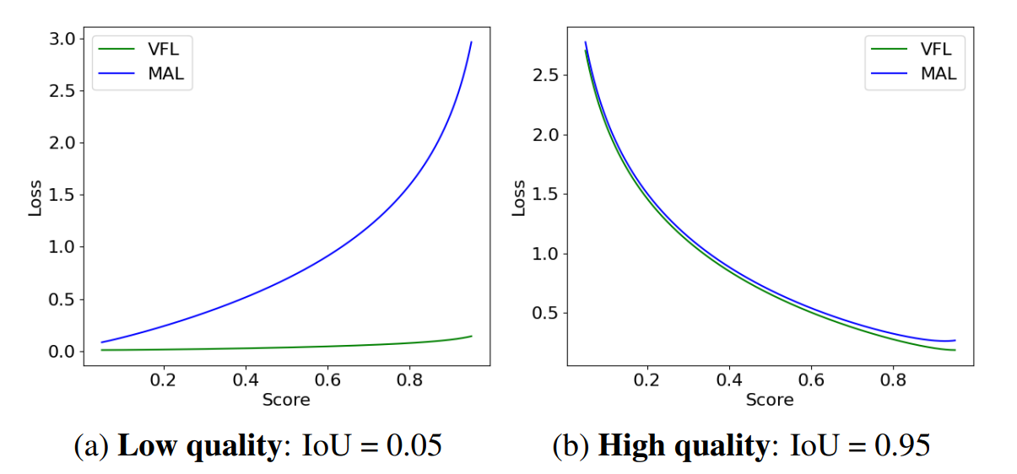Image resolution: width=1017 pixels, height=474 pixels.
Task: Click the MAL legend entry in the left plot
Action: [x=165, y=74]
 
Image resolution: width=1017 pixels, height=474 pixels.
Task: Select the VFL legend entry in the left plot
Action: [x=163, y=49]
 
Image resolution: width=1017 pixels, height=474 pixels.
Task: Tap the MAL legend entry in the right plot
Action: [x=939, y=74]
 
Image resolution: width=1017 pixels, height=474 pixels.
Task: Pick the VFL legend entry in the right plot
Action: [x=936, y=49]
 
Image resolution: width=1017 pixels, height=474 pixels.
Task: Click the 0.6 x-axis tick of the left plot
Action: [x=327, y=380]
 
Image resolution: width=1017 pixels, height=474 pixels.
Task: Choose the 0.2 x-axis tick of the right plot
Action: [x=646, y=380]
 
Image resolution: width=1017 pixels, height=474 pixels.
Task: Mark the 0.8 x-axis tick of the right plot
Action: [x=894, y=380]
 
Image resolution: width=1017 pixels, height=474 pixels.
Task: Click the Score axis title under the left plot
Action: [x=286, y=399]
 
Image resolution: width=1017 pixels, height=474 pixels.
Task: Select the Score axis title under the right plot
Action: [x=770, y=399]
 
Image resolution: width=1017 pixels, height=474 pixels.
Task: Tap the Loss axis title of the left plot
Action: [x=35, y=198]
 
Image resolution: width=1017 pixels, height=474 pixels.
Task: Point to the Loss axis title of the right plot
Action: [x=518, y=198]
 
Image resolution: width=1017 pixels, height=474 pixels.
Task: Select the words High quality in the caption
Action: [x=681, y=444]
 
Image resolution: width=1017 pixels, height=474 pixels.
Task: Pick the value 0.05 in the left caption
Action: [x=414, y=444]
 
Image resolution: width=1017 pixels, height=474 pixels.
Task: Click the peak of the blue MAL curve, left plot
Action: [x=471, y=42]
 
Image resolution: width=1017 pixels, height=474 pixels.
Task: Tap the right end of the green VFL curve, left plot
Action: [x=471, y=337]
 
